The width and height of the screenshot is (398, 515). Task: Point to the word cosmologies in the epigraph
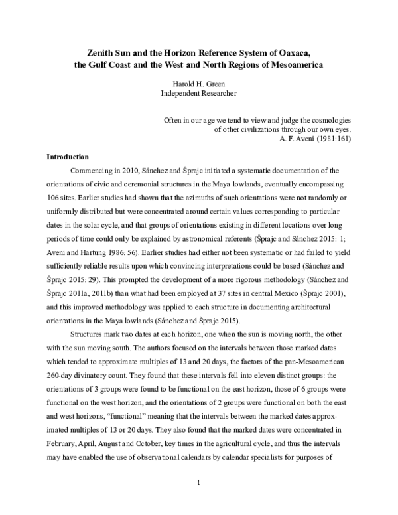[x=329, y=120]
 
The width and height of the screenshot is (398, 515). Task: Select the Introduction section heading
[x=67, y=157]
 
